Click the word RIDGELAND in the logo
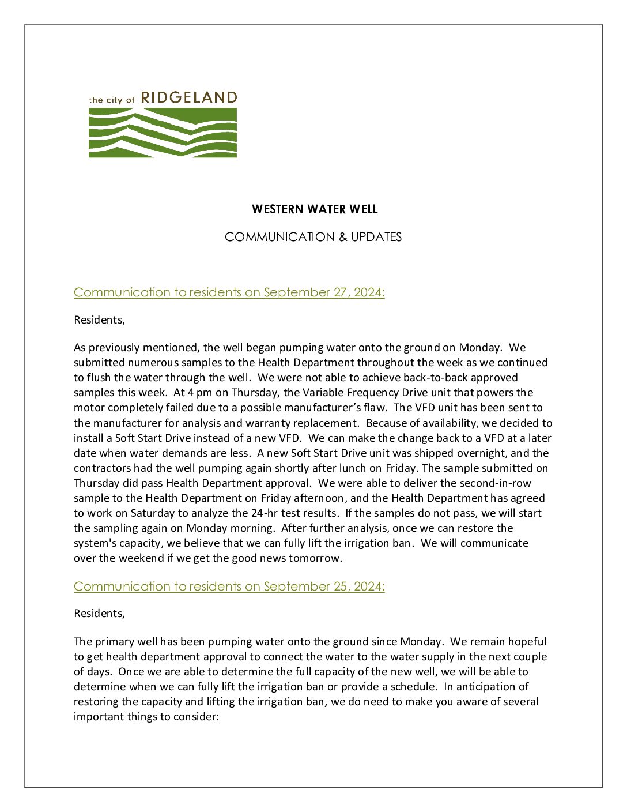pyautogui.click(x=189, y=97)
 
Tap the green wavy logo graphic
pyautogui.click(x=163, y=133)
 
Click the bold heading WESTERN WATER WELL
pyautogui.click(x=315, y=209)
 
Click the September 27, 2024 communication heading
pyautogui.click(x=229, y=292)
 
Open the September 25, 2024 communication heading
pyautogui.click(x=229, y=587)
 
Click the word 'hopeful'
pyautogui.click(x=526, y=641)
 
